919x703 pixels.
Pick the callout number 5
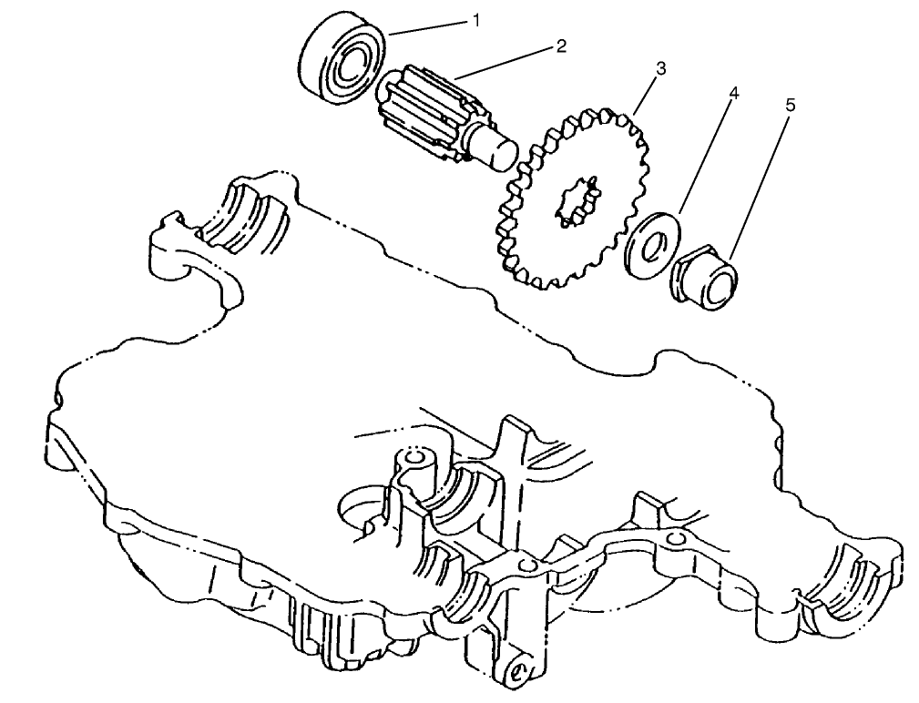[789, 106]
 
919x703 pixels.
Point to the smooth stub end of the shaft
[498, 150]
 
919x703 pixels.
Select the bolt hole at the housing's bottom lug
[517, 673]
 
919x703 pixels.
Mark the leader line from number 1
[428, 27]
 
